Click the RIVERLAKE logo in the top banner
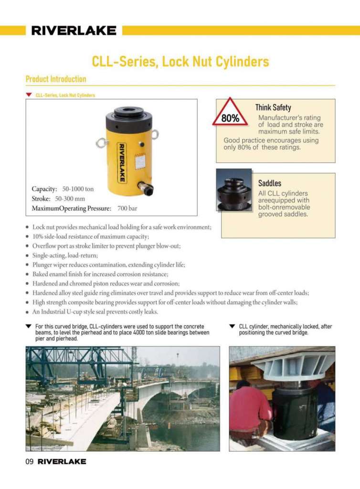pos(74,31)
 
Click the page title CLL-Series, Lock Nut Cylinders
pos(180,62)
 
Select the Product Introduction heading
pos(56,79)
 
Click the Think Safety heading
pos(273,108)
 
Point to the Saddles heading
pos(270,183)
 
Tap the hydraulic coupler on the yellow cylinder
pos(145,187)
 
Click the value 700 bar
pos(127,209)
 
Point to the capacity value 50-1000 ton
pos(78,189)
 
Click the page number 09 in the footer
pos(30,462)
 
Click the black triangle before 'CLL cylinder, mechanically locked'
pos(232,327)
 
